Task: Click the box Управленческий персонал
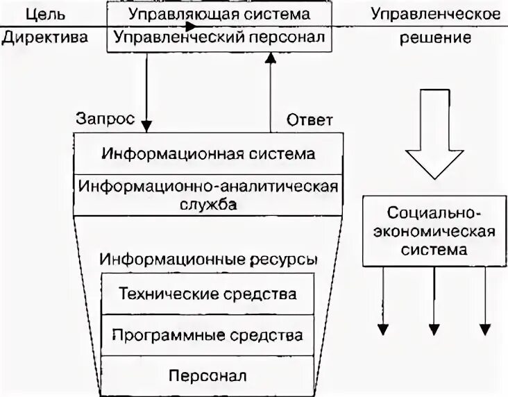(x=219, y=37)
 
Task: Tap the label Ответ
(x=310, y=119)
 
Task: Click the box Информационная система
(x=208, y=153)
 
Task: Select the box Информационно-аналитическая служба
(x=208, y=195)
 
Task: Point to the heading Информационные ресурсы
(x=208, y=259)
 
